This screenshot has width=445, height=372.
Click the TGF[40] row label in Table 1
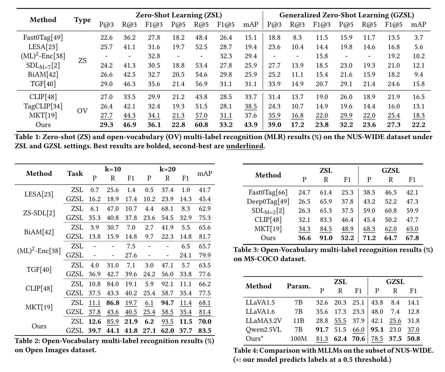[43, 84]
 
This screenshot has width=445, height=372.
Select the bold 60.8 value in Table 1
[201, 125]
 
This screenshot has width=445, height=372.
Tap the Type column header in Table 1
[82, 20]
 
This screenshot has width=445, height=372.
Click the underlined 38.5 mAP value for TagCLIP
[251, 106]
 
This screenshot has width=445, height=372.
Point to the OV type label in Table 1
[82, 111]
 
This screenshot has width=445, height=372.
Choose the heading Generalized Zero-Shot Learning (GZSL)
[346, 15]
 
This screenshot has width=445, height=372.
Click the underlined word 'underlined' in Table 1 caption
[245, 146]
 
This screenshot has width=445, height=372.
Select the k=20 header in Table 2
[167, 169]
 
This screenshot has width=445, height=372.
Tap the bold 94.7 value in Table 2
[167, 303]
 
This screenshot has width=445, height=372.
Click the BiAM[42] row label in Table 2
[39, 232]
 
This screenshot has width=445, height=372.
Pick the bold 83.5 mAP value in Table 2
[205, 331]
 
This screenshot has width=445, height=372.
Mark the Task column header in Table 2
[75, 174]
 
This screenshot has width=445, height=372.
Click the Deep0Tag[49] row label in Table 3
[268, 201]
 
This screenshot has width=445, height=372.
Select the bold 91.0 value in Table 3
[326, 238]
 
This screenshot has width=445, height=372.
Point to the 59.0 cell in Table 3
[369, 211]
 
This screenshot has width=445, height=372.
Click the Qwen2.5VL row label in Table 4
[263, 330]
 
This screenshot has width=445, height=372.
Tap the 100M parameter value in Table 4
[299, 339]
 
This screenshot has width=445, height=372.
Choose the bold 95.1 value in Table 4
[377, 330]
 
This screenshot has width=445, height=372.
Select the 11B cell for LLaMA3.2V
[299, 321]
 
